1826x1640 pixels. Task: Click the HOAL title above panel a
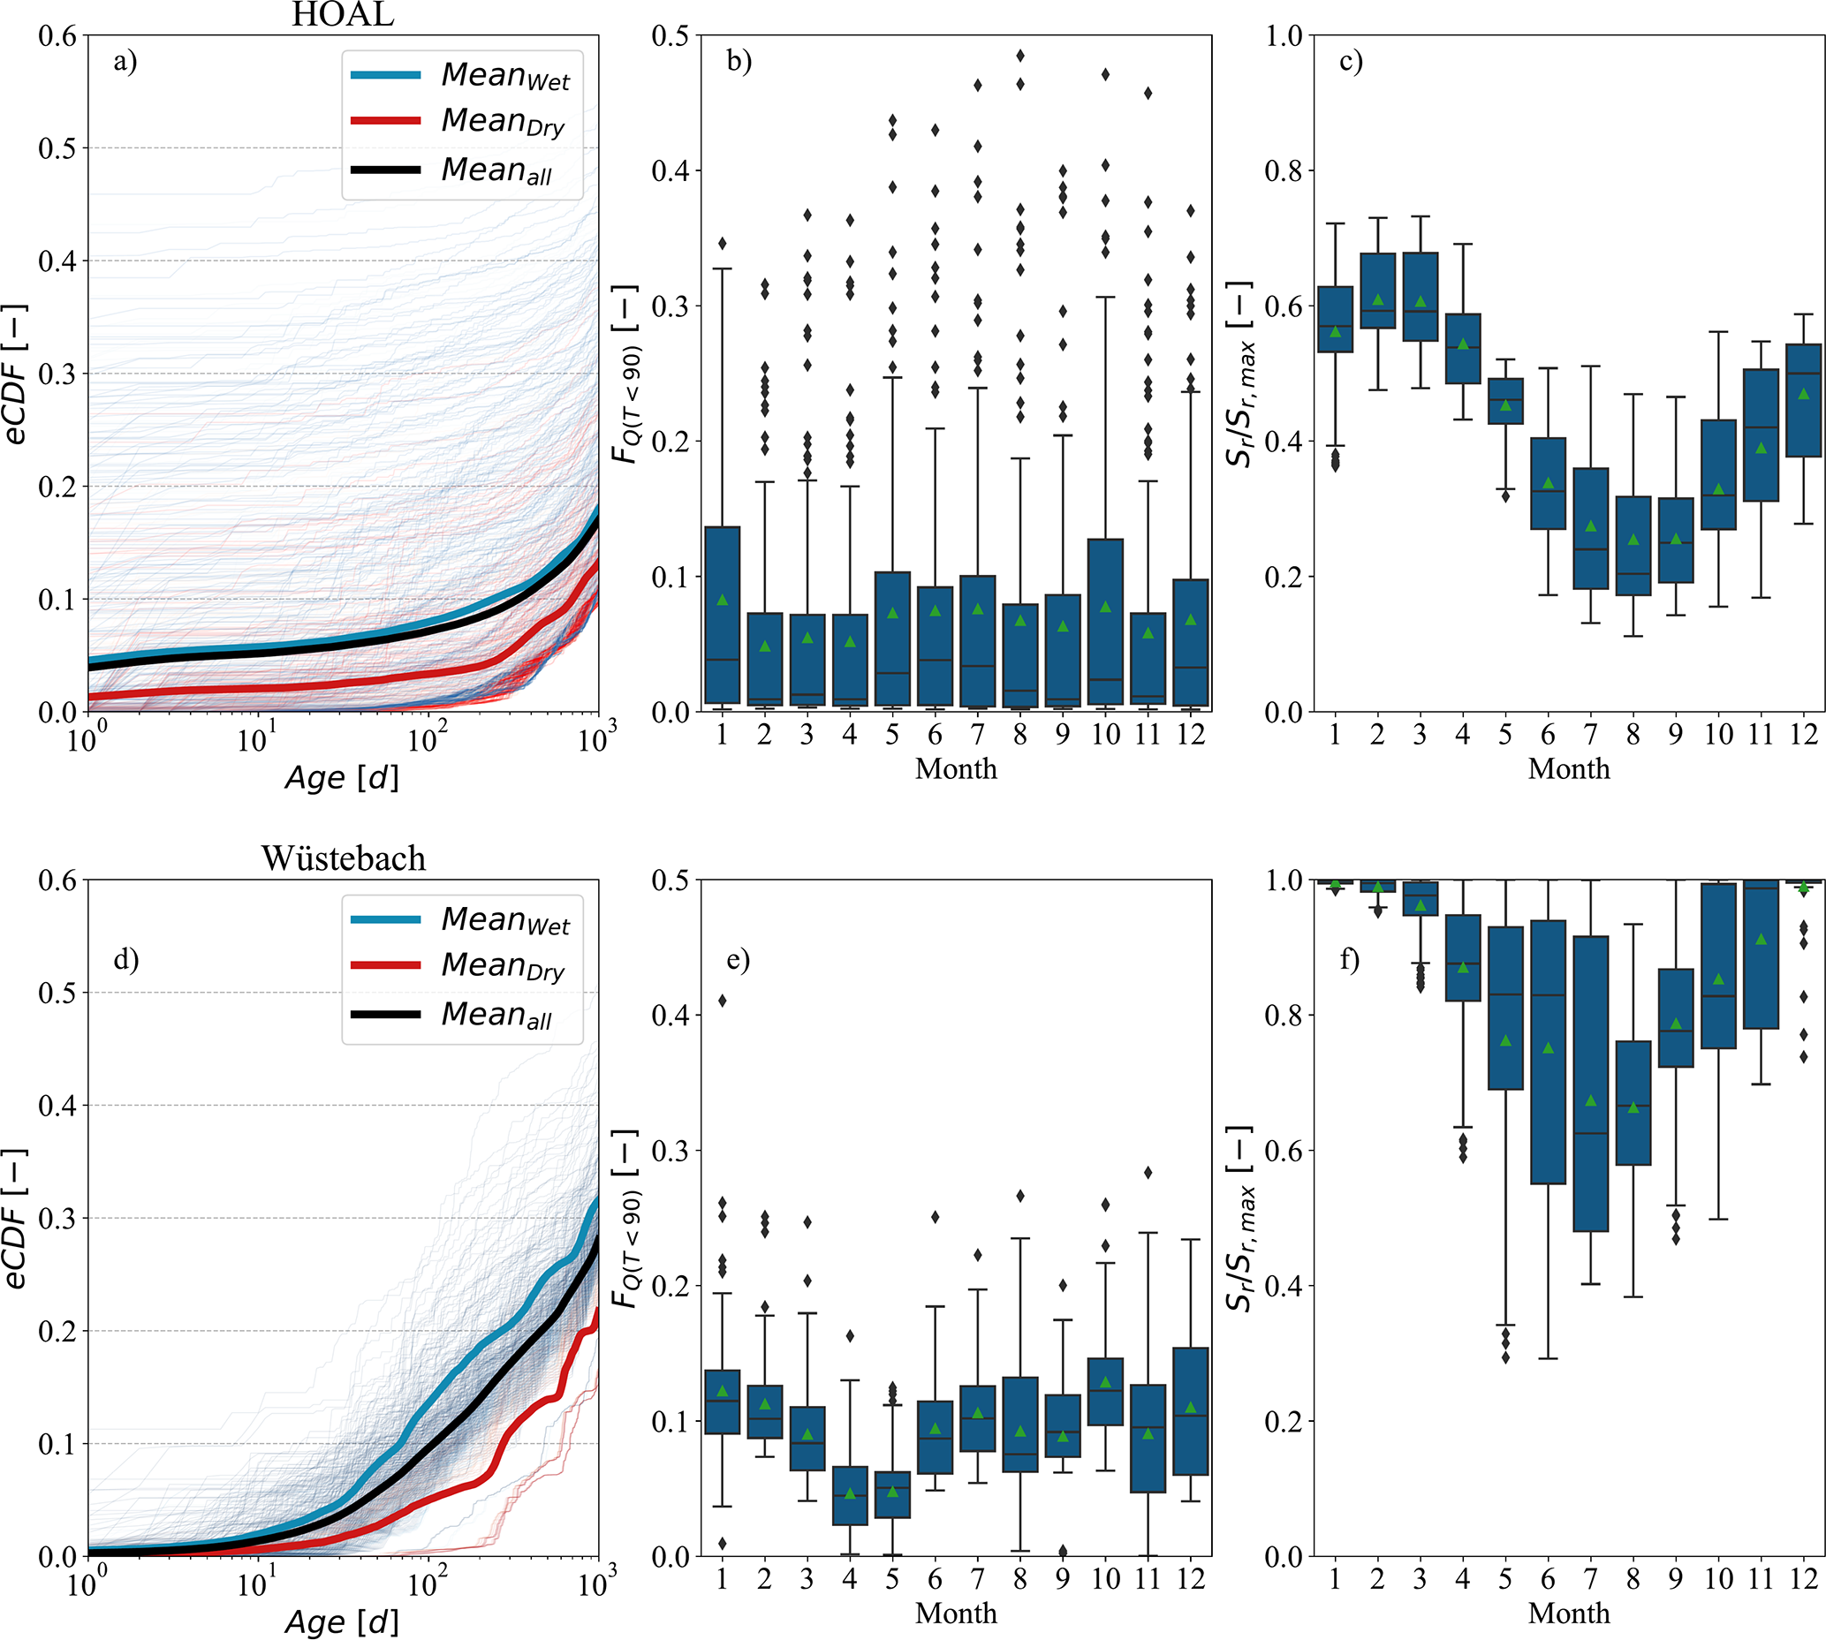coord(343,14)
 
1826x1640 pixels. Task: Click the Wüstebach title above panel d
coord(344,858)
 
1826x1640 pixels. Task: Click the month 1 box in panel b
coord(722,615)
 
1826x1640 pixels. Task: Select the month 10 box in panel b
coord(1105,622)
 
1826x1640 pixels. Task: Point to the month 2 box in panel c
coord(1377,291)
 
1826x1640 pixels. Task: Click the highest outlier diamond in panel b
coord(1020,56)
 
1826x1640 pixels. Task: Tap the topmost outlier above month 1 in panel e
coord(722,1001)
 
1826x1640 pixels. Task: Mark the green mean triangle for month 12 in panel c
coord(1803,394)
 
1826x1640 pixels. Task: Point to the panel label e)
coord(739,960)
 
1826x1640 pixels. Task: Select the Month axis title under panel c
coord(1568,768)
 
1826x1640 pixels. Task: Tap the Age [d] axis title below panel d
coord(342,1623)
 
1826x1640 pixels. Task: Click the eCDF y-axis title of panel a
coord(16,374)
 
